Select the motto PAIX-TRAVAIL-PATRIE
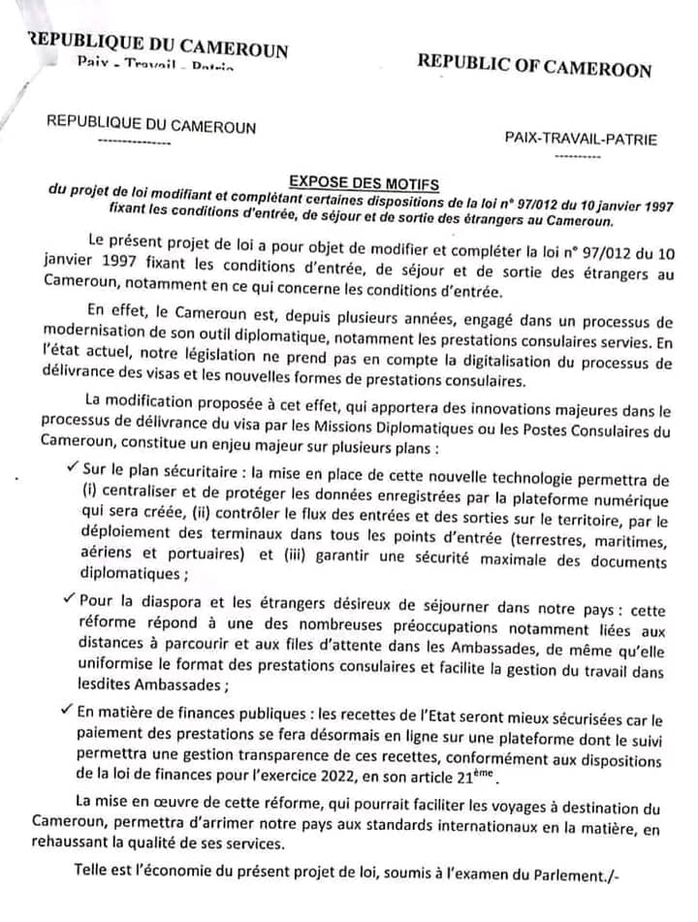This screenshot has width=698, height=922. point(581,139)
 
